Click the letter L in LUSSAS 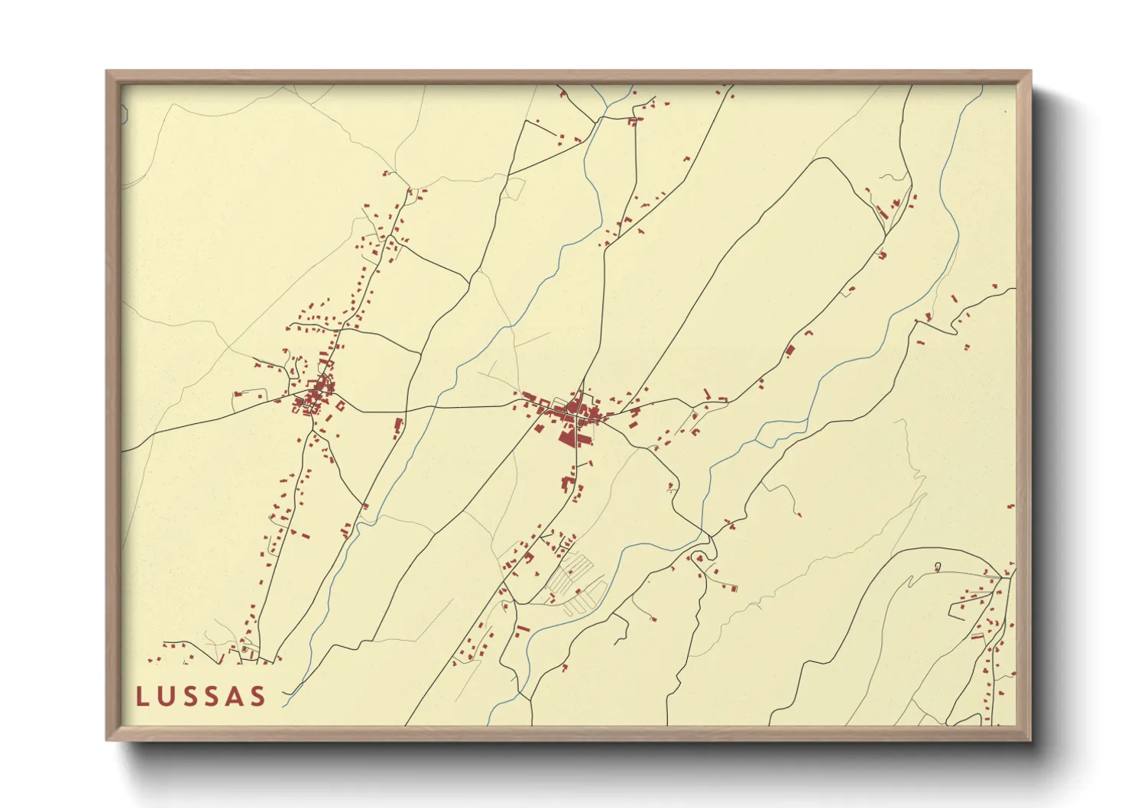(141, 696)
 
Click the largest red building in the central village (568, 438)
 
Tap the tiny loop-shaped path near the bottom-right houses (938, 567)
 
